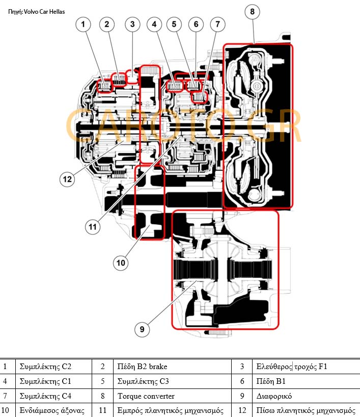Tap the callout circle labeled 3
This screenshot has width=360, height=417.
pos(132,23)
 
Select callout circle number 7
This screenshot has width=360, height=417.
pos(217,23)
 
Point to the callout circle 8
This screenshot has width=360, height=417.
pos(253,11)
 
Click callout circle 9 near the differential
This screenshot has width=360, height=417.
pos(142,330)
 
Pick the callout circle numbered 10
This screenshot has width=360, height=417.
pos(121,263)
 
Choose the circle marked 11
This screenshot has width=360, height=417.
pos(92,226)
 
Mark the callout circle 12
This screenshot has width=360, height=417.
pos(67,179)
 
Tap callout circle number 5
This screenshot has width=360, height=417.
pos(174,23)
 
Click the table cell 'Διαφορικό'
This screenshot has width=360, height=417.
pos(272,396)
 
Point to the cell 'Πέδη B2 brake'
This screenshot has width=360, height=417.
pos(142,366)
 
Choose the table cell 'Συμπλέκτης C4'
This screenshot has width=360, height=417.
pos(45,396)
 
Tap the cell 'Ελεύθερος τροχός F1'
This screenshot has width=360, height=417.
pos(288,366)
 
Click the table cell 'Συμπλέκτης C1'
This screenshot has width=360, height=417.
pos(45,381)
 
